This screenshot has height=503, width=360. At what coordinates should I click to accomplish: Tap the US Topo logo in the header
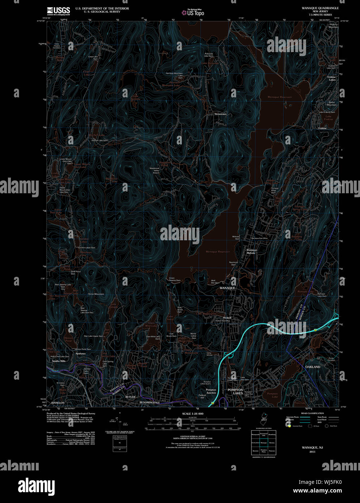coord(193,13)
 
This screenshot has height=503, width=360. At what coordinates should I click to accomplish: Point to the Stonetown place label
coord(220,114)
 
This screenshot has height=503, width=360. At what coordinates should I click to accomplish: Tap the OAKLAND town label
coord(313,367)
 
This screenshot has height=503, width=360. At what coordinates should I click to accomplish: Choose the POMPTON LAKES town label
coord(235,391)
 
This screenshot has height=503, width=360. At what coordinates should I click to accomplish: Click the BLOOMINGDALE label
coord(149,402)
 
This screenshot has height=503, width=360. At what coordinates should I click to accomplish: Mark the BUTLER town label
coord(130,397)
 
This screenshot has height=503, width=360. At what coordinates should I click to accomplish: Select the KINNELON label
coord(58,402)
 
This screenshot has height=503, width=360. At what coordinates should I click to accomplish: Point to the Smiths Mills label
coord(59,361)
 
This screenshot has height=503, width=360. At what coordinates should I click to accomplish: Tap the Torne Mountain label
coord(96,294)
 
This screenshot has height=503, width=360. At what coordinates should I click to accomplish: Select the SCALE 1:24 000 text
coord(193,414)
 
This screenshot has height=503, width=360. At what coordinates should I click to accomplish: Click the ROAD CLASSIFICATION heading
coord(312,413)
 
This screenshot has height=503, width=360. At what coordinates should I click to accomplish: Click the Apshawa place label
coord(80,354)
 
